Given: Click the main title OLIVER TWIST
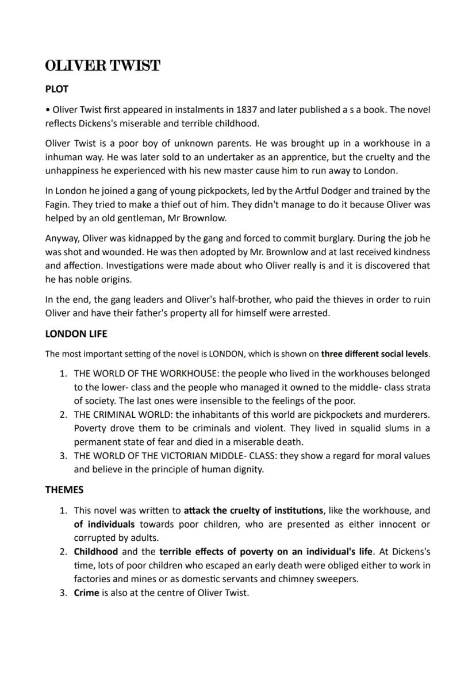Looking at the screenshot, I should click(x=102, y=66).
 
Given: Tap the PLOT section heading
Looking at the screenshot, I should click(x=57, y=89).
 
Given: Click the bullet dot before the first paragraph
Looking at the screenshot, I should click(x=48, y=110).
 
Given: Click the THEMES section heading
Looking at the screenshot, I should click(x=64, y=490).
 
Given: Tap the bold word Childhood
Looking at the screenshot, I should click(x=95, y=551).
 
